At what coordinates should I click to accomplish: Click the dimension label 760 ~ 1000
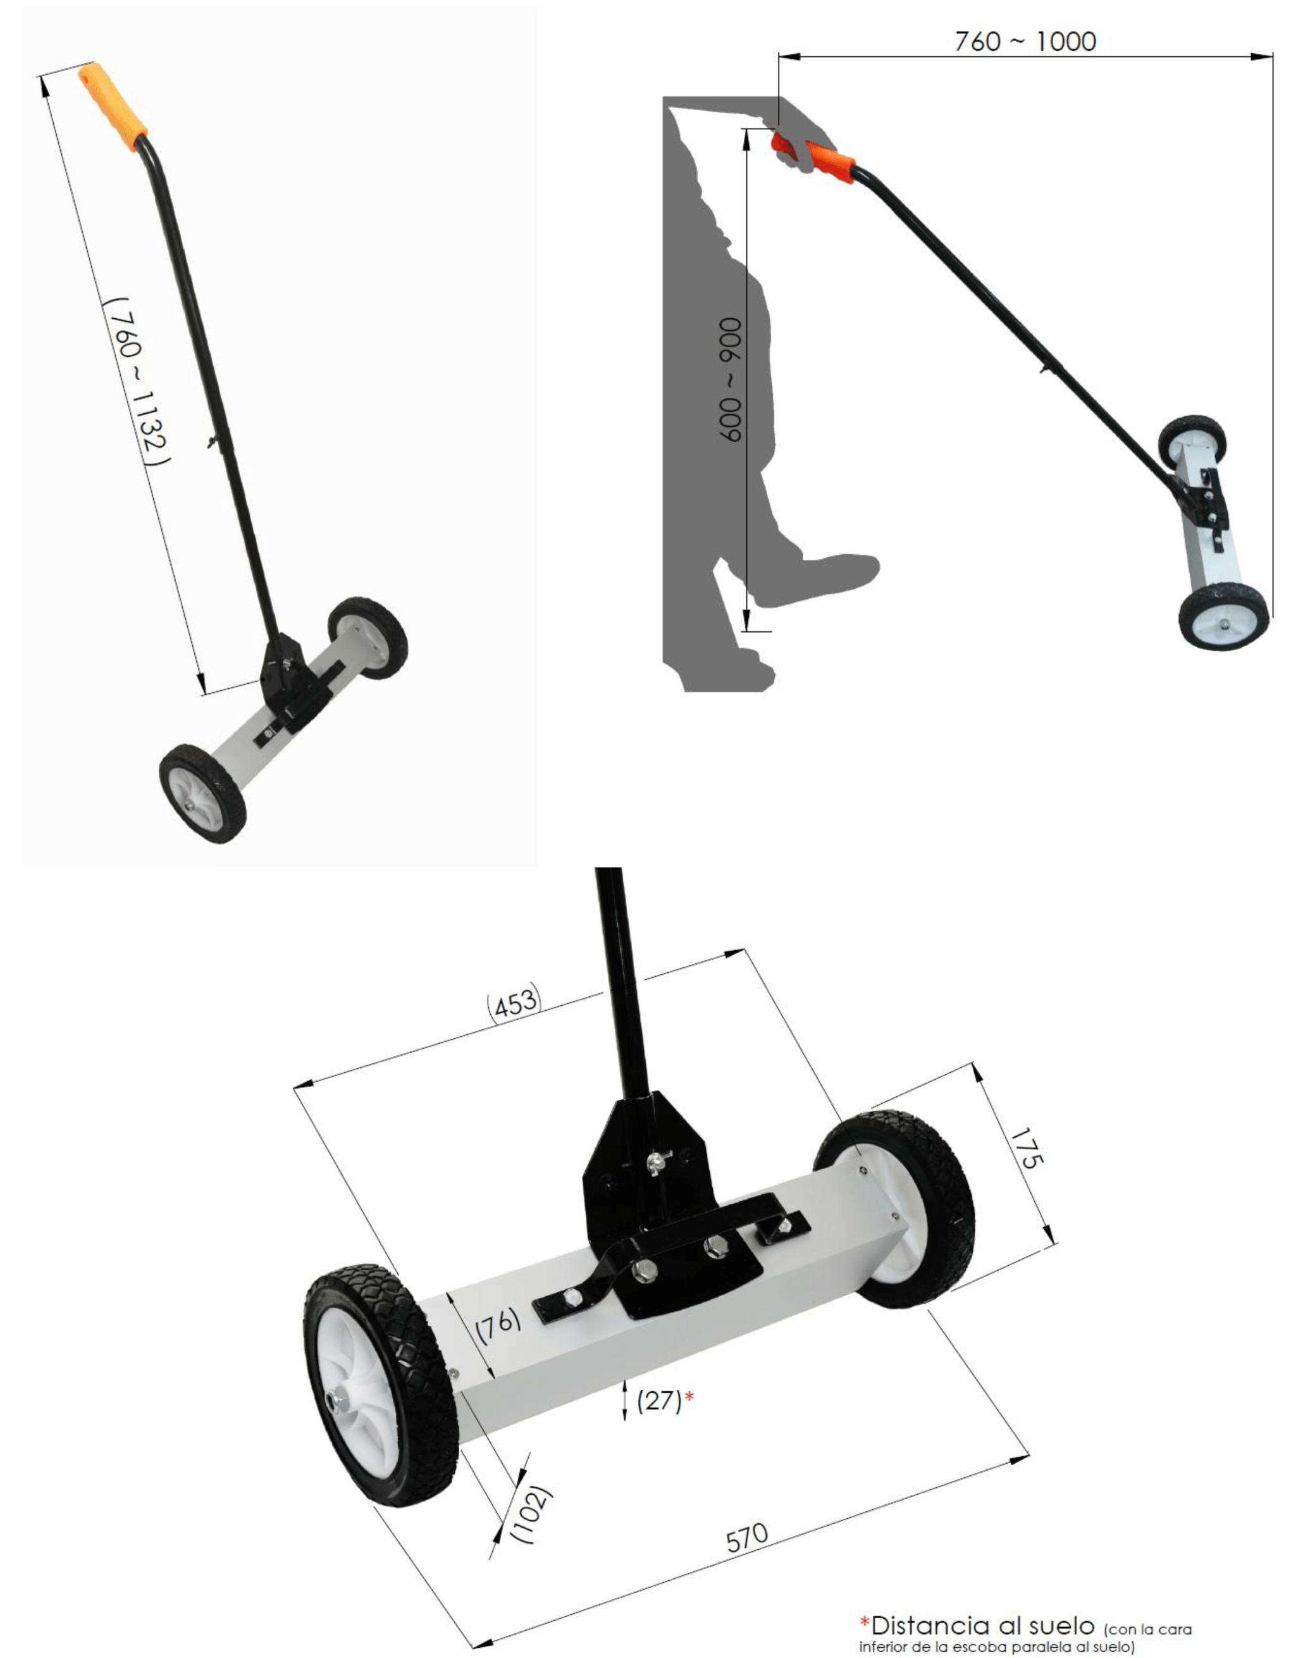pos(1025,41)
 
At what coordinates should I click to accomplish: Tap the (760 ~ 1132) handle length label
pos(137,381)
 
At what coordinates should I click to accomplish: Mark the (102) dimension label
pos(533,1514)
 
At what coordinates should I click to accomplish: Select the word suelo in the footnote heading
pos(1059,1624)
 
